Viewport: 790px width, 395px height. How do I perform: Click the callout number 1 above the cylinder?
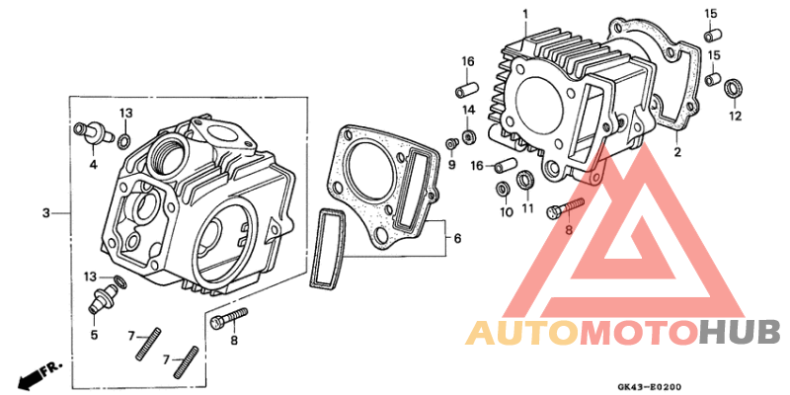point(526,13)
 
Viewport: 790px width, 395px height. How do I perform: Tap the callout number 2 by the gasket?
point(677,153)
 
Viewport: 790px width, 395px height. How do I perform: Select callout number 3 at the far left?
point(45,212)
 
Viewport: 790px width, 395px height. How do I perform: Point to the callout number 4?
point(94,164)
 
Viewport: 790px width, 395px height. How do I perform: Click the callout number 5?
point(95,335)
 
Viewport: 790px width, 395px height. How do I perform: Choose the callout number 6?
point(455,239)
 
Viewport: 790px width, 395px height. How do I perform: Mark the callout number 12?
point(734,117)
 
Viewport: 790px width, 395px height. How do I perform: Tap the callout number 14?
point(470,109)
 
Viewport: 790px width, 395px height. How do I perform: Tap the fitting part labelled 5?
point(99,299)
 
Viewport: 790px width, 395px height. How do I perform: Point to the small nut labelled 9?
point(451,144)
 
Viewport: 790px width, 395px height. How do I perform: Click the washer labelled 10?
point(505,188)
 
